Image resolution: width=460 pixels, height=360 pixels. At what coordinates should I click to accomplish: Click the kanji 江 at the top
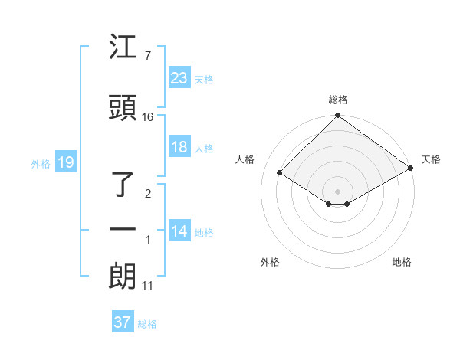(123, 49)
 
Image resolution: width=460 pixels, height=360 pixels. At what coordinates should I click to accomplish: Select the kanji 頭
(123, 109)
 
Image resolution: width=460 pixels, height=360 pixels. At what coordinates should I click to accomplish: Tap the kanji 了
(123, 185)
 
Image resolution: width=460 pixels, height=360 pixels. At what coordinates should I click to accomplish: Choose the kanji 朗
(123, 276)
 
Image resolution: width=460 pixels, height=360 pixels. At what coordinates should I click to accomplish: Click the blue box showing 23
(179, 78)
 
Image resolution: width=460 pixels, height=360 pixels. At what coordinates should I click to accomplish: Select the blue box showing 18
(179, 147)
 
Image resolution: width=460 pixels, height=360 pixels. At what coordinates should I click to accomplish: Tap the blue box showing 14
(179, 231)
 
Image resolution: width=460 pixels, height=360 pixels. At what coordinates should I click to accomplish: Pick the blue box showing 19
(65, 162)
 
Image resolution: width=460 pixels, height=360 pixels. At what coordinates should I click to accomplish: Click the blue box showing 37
(122, 322)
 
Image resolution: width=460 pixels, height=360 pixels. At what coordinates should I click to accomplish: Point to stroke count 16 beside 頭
(148, 117)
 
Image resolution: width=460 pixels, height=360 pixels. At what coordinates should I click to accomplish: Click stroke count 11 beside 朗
(148, 286)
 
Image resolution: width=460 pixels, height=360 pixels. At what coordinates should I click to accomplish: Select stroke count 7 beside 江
(147, 56)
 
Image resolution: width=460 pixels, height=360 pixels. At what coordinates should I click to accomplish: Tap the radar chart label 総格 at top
(338, 100)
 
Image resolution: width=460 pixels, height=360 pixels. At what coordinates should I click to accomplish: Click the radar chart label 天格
(431, 159)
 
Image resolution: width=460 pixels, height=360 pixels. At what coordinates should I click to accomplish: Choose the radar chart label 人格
(245, 159)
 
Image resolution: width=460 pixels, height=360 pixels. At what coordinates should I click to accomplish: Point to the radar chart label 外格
(270, 262)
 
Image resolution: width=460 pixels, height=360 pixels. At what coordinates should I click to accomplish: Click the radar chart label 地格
(402, 262)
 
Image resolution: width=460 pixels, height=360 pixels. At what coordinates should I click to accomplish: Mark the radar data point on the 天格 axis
(411, 167)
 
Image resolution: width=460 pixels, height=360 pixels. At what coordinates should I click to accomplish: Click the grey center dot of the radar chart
(337, 191)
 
